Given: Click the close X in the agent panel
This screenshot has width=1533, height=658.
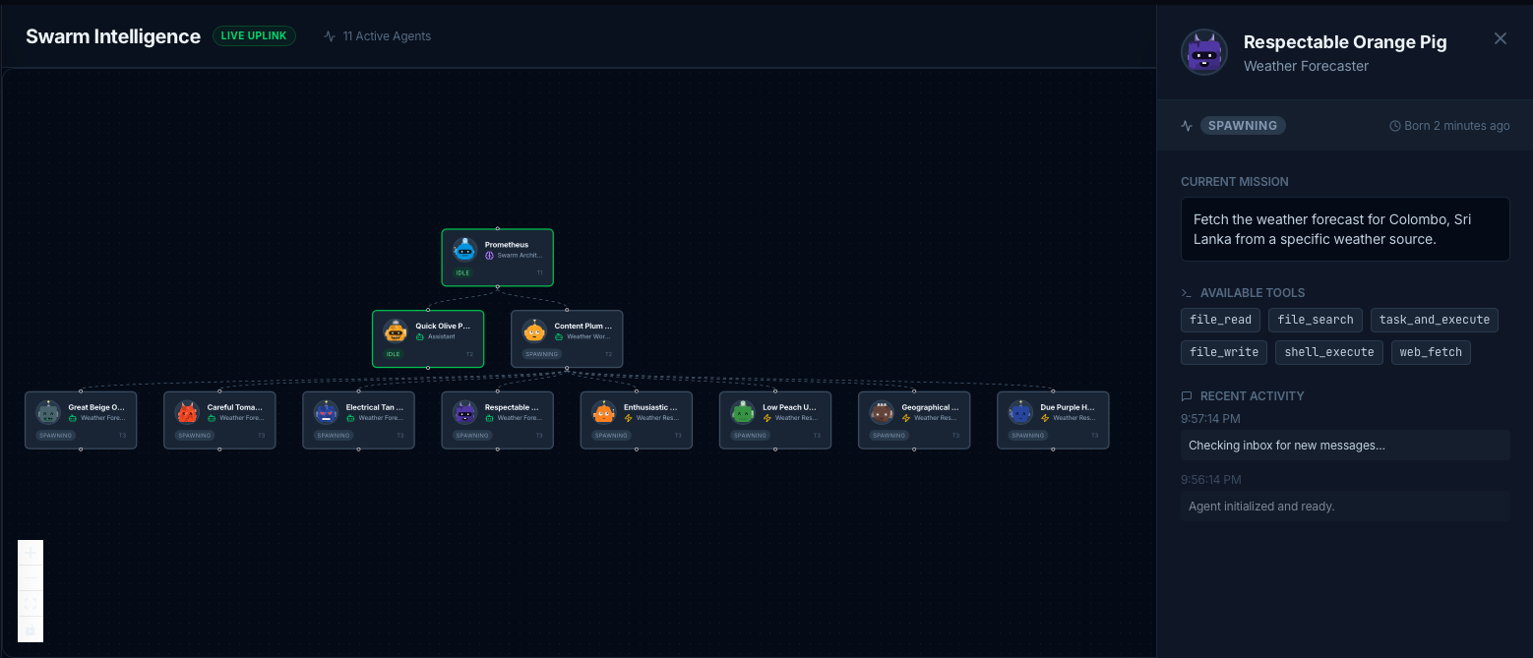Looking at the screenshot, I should pos(1500,38).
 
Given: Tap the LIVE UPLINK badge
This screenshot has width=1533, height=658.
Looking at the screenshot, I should pos(254,36).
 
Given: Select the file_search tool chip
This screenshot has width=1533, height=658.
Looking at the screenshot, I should pos(1315,320).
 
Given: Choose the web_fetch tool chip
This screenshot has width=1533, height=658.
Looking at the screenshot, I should pos(1430,352).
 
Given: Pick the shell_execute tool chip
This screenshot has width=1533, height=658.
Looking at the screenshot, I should pos(1328,352).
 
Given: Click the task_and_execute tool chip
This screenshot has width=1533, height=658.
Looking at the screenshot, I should pos(1435,320).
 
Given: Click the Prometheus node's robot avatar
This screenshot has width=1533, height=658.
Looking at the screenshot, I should pos(465,250).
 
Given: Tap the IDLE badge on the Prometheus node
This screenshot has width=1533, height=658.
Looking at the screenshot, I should pos(462,273).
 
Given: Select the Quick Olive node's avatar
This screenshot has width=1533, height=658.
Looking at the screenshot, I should pos(396,331).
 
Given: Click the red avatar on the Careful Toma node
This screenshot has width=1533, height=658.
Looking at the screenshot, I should pos(187,413).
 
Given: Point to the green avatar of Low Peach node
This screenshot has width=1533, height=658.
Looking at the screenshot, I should pos(743,413).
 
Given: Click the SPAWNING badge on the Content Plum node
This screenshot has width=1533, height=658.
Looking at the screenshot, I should pos(541,354).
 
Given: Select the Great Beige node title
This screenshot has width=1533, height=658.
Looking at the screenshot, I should pos(96,407).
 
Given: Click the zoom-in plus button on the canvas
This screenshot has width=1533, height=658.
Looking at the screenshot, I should pos(31,553).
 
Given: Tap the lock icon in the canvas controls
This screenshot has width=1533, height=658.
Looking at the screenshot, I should pos(31,628).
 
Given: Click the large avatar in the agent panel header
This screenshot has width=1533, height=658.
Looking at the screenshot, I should pos(1203,52).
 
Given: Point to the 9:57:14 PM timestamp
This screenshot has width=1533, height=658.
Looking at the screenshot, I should pos(1210,418).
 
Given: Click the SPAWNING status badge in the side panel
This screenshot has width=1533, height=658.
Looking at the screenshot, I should pos(1242,126).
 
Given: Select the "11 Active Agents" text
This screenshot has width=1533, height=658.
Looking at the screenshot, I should pos(387,36).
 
